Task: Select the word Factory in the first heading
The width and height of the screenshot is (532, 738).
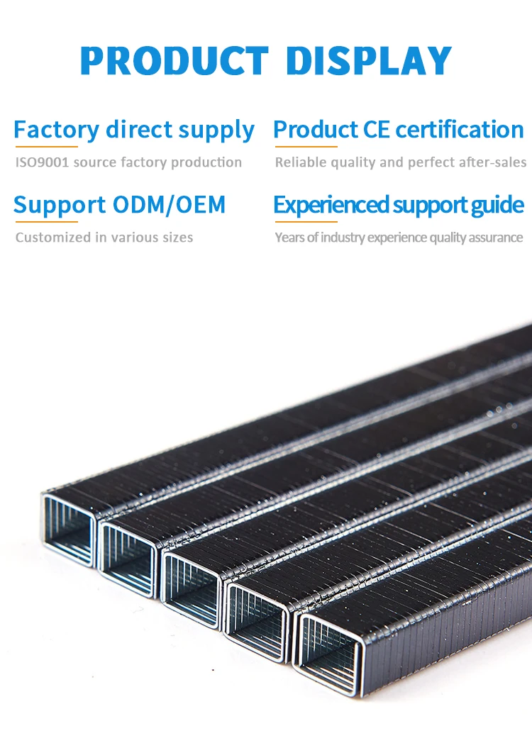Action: coord(56,130)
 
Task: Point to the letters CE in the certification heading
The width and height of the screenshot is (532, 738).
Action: coord(376,130)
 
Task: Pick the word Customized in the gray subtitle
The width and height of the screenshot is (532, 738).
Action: coord(49,237)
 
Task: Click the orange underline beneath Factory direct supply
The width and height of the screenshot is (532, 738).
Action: coord(45,147)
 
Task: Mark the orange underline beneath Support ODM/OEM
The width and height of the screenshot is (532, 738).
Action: coord(45,222)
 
